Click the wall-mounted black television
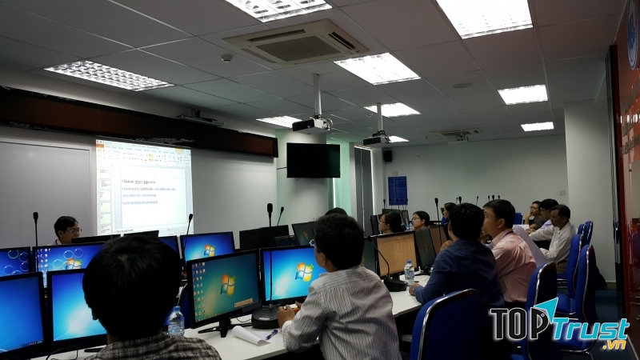[x=313, y=160]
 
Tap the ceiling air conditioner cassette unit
[x=297, y=42]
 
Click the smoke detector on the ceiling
[x=226, y=58]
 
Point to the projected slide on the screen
[x=144, y=187]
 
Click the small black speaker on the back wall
[x=387, y=156]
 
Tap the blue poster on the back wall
[x=398, y=190]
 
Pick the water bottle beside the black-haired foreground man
[x=176, y=321]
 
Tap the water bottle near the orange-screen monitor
[x=410, y=273]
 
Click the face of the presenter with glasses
[x=66, y=229]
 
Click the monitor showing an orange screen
[x=396, y=252]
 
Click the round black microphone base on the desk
[x=264, y=318]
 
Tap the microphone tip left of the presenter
[x=35, y=216]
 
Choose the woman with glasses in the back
[x=421, y=219]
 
